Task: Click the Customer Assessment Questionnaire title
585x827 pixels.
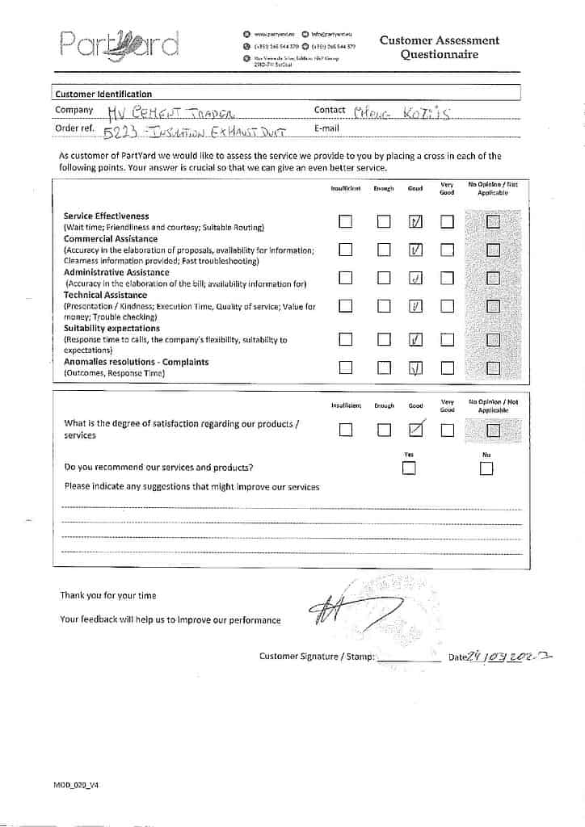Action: (x=440, y=48)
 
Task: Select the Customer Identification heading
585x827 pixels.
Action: (x=103, y=94)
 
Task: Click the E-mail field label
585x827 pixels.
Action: (x=326, y=128)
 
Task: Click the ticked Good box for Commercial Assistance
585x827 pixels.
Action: (x=415, y=250)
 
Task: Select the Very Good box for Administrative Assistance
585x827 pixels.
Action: (x=447, y=279)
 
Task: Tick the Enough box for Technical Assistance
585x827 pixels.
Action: (x=384, y=306)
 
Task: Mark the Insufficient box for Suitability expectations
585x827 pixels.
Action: (x=346, y=340)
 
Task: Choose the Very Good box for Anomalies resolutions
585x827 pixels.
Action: (x=447, y=368)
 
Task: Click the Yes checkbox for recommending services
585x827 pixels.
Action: (x=410, y=468)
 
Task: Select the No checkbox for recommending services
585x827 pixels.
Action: (x=486, y=468)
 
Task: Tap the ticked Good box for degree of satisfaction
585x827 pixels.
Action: (x=416, y=430)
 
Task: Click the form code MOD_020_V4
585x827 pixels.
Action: (x=77, y=784)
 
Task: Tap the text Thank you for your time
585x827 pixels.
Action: (x=108, y=595)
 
